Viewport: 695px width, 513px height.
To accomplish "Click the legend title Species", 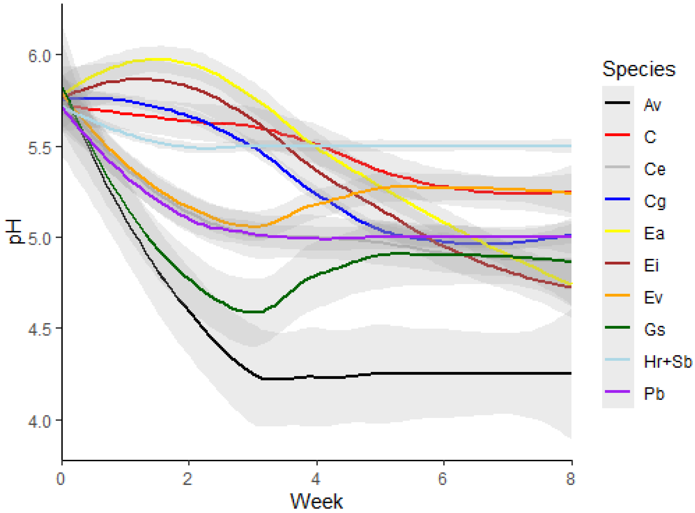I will coord(639,69).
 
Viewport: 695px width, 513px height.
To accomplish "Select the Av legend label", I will coord(652,105).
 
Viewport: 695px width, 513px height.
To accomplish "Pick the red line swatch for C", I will coord(617,135).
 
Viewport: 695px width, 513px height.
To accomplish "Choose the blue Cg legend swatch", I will coord(617,199).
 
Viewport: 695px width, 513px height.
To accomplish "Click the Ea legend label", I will coord(654,234).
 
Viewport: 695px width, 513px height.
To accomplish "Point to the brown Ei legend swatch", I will coord(617,263).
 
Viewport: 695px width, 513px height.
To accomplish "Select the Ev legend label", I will coord(653,297).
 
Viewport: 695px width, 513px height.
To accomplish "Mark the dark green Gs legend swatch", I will coord(617,327).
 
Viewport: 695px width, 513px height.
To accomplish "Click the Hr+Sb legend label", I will coord(667,362).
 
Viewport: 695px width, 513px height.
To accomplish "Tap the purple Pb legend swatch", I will coord(617,392).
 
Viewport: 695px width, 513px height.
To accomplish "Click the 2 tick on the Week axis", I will coord(187,479).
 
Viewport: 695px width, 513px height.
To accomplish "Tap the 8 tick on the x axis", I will coord(570,479).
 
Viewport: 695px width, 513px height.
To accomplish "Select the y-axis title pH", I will coord(15,232).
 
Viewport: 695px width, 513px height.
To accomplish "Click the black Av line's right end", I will coord(570,373).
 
